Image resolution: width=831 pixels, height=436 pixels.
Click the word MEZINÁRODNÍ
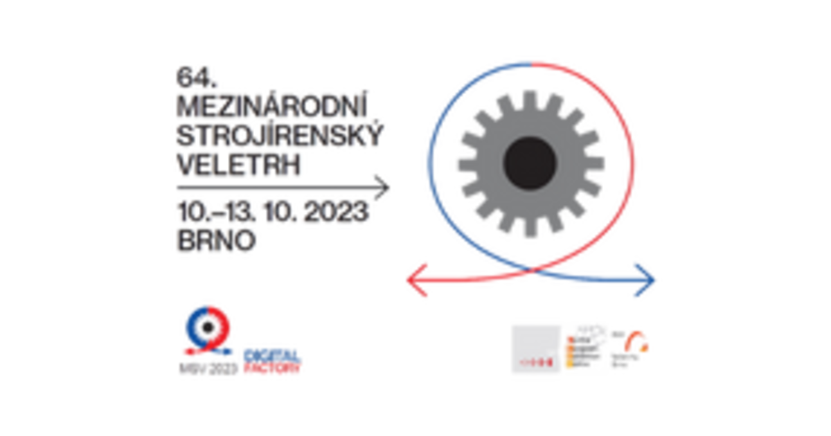[x=271, y=104]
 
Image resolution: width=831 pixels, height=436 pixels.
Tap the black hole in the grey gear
[x=530, y=163]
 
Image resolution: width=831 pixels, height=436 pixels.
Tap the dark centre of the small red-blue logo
[x=206, y=325]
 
